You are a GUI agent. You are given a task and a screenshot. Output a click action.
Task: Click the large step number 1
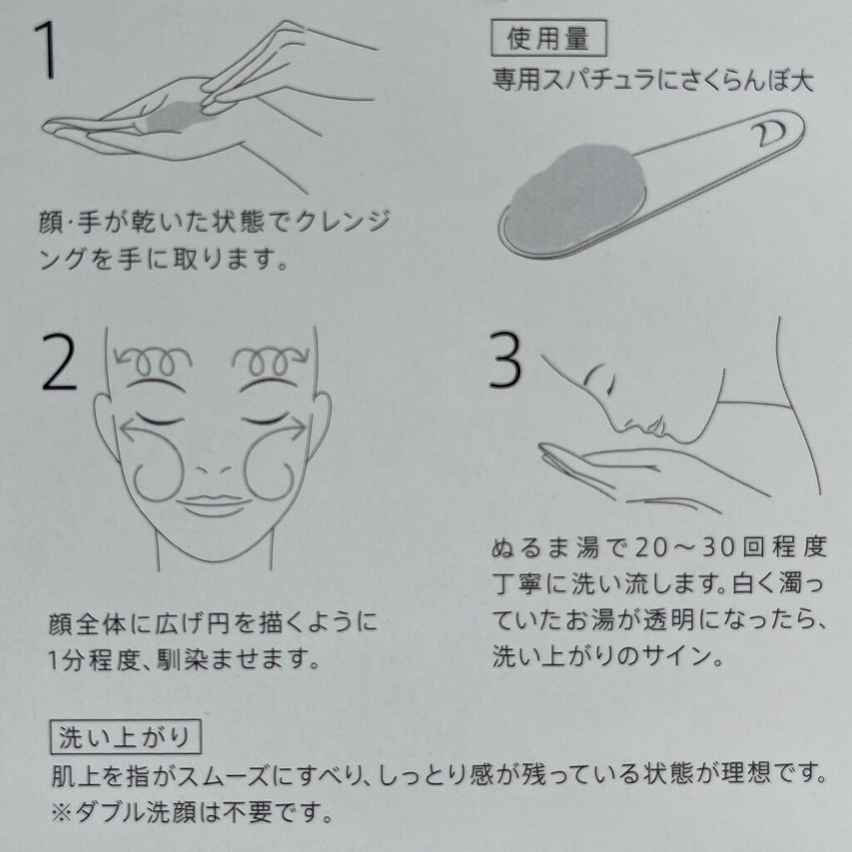pyautogui.click(x=47, y=51)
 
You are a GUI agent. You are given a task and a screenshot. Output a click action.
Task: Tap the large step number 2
pyautogui.click(x=59, y=361)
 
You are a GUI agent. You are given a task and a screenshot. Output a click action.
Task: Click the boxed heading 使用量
pyautogui.click(x=548, y=38)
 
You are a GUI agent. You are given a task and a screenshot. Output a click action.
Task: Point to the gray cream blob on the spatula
pyautogui.click(x=576, y=195)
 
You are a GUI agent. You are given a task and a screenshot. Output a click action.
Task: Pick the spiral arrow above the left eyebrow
pyautogui.click(x=153, y=360)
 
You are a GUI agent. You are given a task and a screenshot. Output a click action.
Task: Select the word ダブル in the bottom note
pyautogui.click(x=109, y=812)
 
